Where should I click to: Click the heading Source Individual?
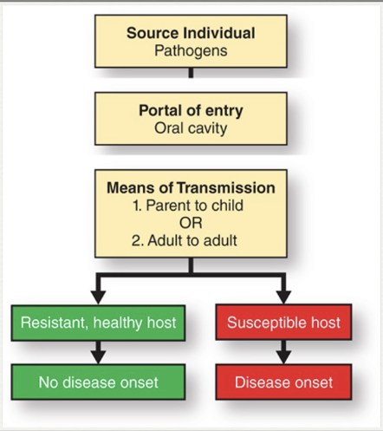point(191,33)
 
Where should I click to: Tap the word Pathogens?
point(191,50)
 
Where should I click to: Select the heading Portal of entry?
point(191,111)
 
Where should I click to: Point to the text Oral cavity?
point(191,128)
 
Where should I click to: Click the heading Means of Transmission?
point(191,188)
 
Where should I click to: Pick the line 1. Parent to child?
point(191,206)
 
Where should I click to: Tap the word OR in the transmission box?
point(191,222)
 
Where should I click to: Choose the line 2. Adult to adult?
point(191,238)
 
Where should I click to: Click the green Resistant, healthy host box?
point(99,323)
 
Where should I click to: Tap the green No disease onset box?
point(99,381)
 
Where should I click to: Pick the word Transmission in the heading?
point(232,188)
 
